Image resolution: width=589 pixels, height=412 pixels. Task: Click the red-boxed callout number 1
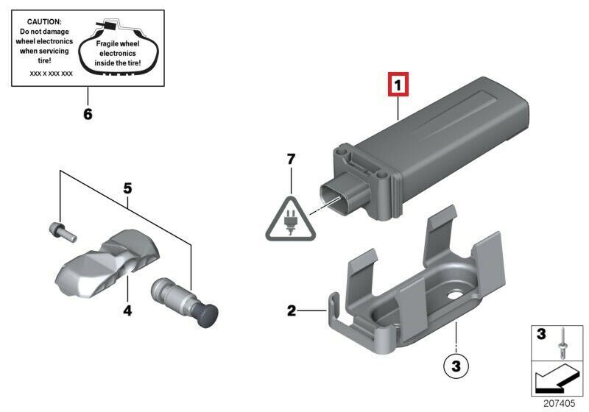(398, 85)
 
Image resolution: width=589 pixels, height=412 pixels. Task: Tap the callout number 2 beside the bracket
(292, 310)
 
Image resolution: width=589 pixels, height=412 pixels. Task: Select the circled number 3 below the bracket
(456, 366)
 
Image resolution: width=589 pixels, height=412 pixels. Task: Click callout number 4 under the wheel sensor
(127, 310)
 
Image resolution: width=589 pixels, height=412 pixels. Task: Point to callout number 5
(127, 188)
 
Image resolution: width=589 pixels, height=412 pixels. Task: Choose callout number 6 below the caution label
(88, 113)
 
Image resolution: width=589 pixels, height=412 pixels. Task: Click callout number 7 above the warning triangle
(291, 160)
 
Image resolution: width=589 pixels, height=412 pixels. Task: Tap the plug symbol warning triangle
(290, 220)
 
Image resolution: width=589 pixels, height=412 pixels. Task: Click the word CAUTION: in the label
(44, 22)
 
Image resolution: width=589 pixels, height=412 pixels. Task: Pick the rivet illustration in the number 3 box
(562, 343)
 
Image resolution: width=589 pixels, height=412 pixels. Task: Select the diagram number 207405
(559, 403)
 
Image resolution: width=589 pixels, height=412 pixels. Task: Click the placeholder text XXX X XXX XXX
(51, 74)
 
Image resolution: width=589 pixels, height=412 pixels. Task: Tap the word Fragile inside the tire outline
(107, 44)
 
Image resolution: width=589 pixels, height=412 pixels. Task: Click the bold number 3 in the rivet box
(541, 333)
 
